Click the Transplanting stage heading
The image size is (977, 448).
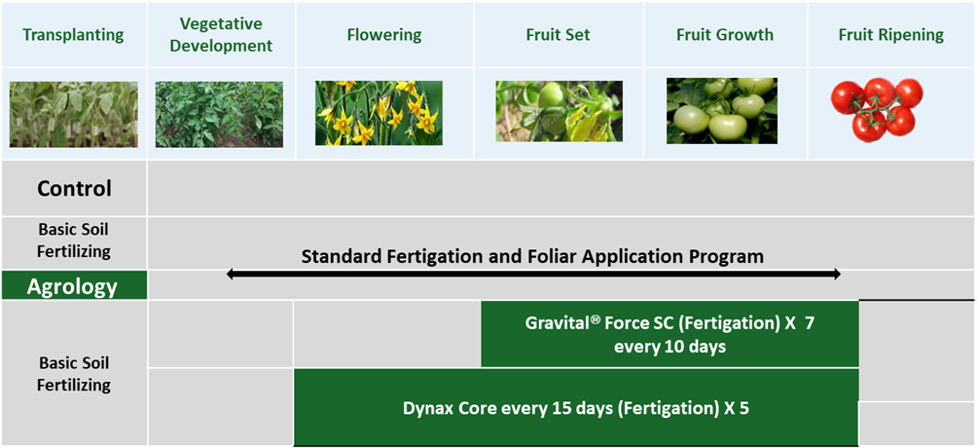(x=74, y=35)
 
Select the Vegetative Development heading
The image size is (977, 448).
(x=222, y=35)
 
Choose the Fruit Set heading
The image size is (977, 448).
(x=559, y=35)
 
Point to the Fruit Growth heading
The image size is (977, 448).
(x=725, y=35)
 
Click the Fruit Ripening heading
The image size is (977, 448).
(x=891, y=35)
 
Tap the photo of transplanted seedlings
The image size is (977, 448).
(x=74, y=114)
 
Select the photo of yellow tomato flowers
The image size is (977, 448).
(x=379, y=113)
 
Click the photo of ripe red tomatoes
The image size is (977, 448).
(x=877, y=110)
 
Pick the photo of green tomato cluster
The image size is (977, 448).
(x=721, y=110)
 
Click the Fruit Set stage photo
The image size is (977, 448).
(x=559, y=111)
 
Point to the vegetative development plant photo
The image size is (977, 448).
(x=219, y=114)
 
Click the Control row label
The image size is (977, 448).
(x=74, y=188)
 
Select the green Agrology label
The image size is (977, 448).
(x=72, y=286)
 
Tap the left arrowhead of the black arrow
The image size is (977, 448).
(x=230, y=274)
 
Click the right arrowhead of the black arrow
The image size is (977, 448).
(x=837, y=274)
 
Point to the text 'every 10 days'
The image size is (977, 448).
(x=670, y=347)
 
